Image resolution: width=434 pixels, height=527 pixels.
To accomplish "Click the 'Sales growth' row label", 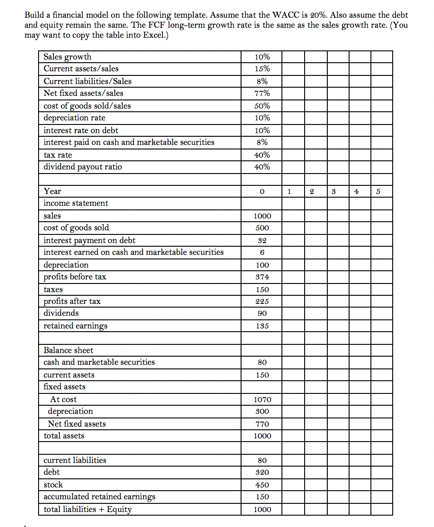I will coord(67,57).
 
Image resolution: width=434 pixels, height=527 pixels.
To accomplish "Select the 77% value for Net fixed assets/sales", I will coord(262,94).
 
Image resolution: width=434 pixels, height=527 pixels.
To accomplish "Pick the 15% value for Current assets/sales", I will coord(262,69).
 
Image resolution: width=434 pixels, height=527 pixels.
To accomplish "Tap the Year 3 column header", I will coord(338,192).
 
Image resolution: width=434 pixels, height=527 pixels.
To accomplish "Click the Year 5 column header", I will coord(381,192).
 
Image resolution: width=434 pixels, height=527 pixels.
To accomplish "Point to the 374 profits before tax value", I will coord(262,277).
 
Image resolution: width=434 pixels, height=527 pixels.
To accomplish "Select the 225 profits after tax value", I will coord(262,302).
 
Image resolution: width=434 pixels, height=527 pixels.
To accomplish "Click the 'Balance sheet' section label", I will coord(68,350).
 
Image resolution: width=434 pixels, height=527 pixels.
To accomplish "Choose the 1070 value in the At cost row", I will coord(262,400).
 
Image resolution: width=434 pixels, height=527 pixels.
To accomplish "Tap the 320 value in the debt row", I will coord(262,472).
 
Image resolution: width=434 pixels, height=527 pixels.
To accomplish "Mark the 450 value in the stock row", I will coord(262,485).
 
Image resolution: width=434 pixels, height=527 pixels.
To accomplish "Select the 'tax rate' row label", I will coord(58,155).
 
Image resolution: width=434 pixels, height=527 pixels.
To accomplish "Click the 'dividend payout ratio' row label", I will coord(83,167).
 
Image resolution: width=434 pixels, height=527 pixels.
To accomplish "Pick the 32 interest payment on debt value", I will coord(262,240).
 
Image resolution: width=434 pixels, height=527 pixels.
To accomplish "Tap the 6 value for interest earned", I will coord(262,253).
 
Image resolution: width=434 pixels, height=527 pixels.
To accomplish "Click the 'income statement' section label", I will coord(76,203).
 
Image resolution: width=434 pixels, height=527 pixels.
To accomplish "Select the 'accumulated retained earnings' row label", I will coord(99,497).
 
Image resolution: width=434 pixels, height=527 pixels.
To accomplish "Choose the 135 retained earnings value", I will coord(262,326).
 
